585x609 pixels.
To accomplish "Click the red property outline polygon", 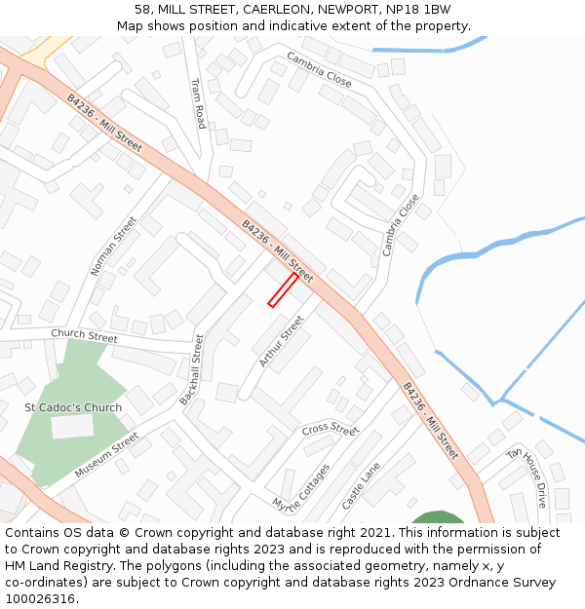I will (283, 289).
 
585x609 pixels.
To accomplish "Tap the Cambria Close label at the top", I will (319, 70).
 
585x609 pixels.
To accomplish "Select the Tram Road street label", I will (198, 103).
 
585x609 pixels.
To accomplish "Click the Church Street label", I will (84, 335).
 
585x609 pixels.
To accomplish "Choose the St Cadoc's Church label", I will (73, 407).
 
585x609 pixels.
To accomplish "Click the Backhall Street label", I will (191, 370).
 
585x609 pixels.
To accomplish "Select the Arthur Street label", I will (282, 340).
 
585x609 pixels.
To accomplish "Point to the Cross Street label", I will (331, 429).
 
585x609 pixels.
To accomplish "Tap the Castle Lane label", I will (361, 485).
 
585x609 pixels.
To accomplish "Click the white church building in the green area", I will (72, 426).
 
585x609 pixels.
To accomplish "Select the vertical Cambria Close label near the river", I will (401, 224).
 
